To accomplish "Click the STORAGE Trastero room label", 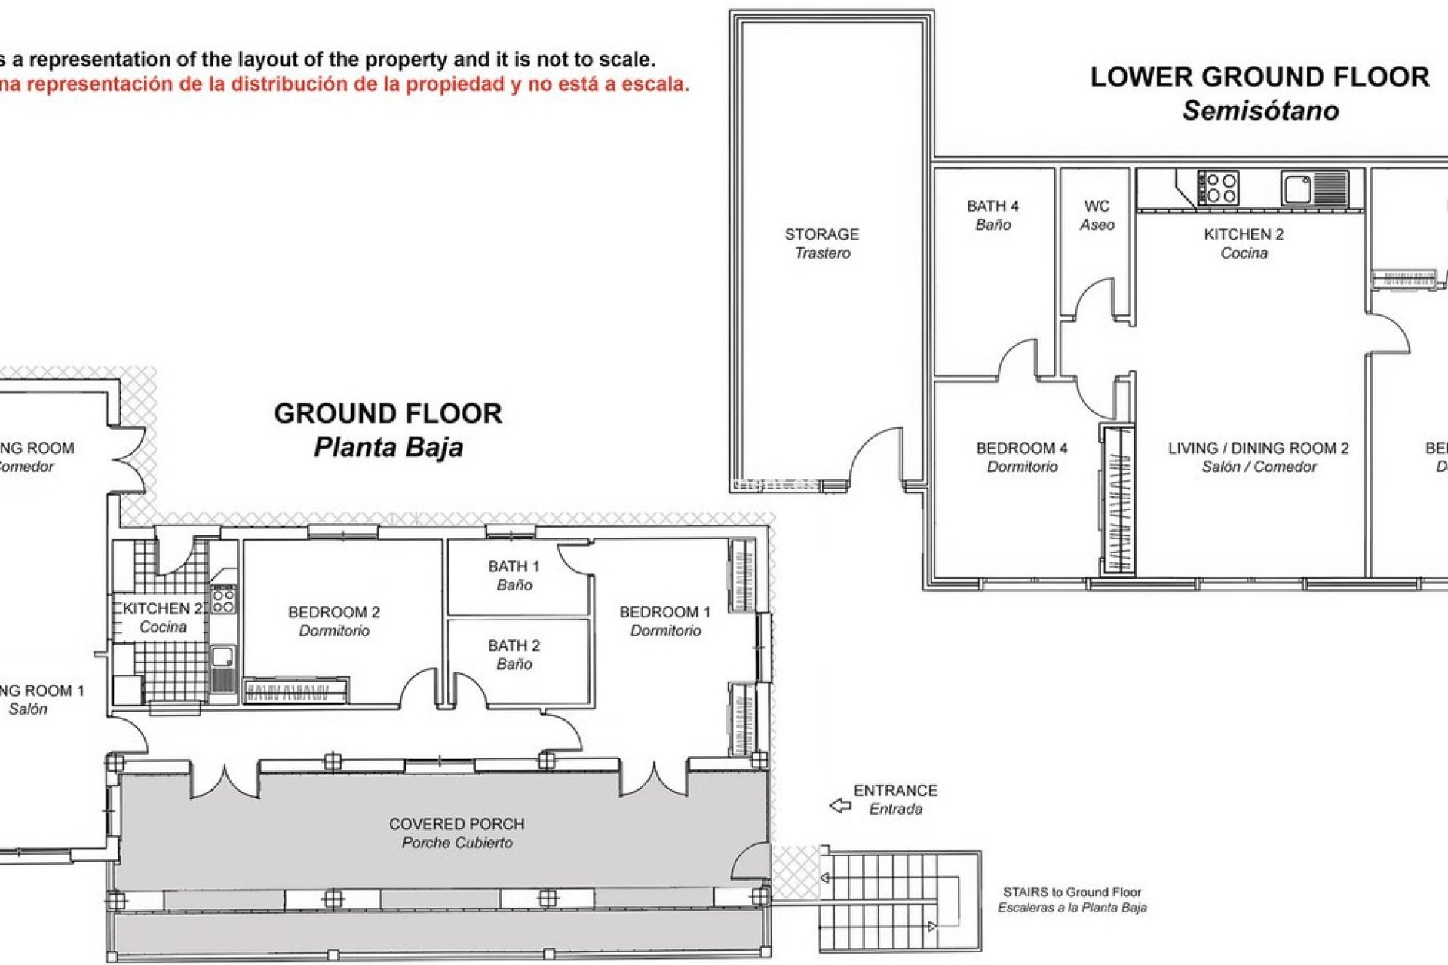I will click(x=821, y=243).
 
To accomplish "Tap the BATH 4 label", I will click(x=992, y=215).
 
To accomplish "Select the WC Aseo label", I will click(x=1097, y=215).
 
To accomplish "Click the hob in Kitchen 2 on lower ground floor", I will click(x=1219, y=188).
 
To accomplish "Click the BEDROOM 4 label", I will click(x=1022, y=457).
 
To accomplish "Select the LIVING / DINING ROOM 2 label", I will click(x=1258, y=457).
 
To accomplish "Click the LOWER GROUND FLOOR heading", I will click(x=1259, y=77).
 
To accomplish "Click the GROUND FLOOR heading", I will click(x=388, y=413).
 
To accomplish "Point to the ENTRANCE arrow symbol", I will click(x=839, y=806).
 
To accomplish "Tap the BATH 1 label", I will click(x=514, y=574).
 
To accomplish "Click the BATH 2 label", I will click(x=514, y=654).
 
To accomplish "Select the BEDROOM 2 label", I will click(x=334, y=621).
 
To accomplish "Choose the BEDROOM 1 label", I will click(x=665, y=621).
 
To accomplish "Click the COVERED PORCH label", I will click(x=456, y=832).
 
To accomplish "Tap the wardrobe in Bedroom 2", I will click(x=296, y=691).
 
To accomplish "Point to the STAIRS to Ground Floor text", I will click(x=1072, y=899).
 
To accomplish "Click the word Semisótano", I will click(x=1260, y=111).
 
